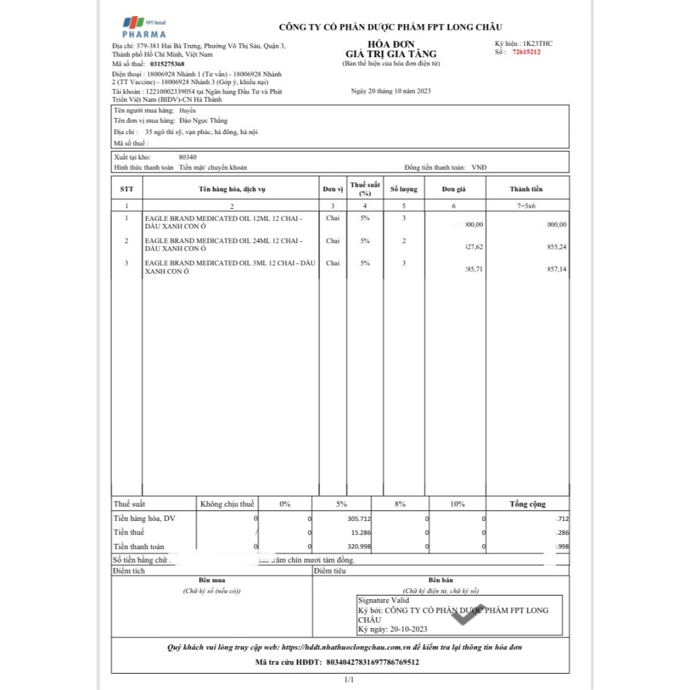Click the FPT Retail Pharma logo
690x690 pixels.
pyautogui.click(x=144, y=26)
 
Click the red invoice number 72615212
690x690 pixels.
pyautogui.click(x=526, y=52)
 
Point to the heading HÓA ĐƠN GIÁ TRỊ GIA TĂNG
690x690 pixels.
pyautogui.click(x=391, y=49)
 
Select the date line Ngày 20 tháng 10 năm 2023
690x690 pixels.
pyautogui.click(x=391, y=90)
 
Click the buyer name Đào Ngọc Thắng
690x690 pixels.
pyautogui.click(x=194, y=121)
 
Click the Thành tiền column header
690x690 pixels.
pyautogui.click(x=526, y=189)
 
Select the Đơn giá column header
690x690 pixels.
pyautogui.click(x=453, y=189)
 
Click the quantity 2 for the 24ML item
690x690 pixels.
pyautogui.click(x=404, y=241)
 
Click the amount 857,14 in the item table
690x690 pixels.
pyautogui.click(x=556, y=269)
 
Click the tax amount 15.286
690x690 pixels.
pyautogui.click(x=360, y=532)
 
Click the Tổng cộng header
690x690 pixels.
pyautogui.click(x=527, y=504)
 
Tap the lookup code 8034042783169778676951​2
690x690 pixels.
pyautogui.click(x=372, y=662)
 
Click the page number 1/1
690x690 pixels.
pyautogui.click(x=348, y=681)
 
